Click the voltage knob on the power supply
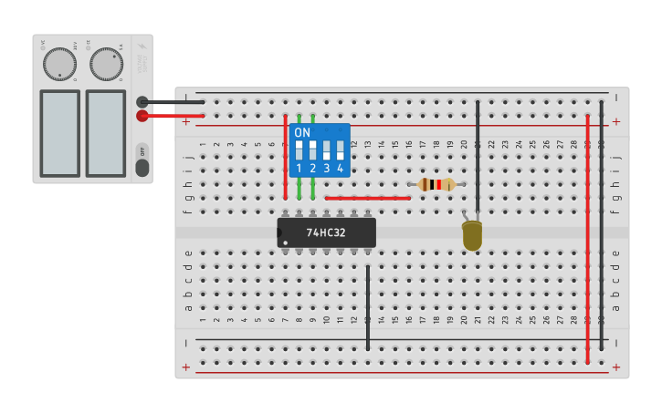tap(59, 64)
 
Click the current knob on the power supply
tap(106, 64)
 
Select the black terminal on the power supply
tap(142, 102)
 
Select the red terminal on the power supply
tap(142, 116)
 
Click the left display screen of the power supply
tap(59, 132)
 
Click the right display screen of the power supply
tap(106, 132)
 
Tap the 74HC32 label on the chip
tap(326, 232)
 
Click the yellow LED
tap(472, 235)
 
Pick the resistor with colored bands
tap(437, 184)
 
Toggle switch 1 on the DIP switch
tap(299, 150)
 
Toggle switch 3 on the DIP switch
tap(326, 150)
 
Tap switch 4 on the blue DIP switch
tap(340, 150)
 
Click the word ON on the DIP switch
tap(302, 132)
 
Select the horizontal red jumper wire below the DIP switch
tap(367, 198)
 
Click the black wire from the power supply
tap(173, 102)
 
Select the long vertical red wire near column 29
tap(587, 237)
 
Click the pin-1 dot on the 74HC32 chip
tap(286, 243)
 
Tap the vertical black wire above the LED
tap(478, 155)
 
